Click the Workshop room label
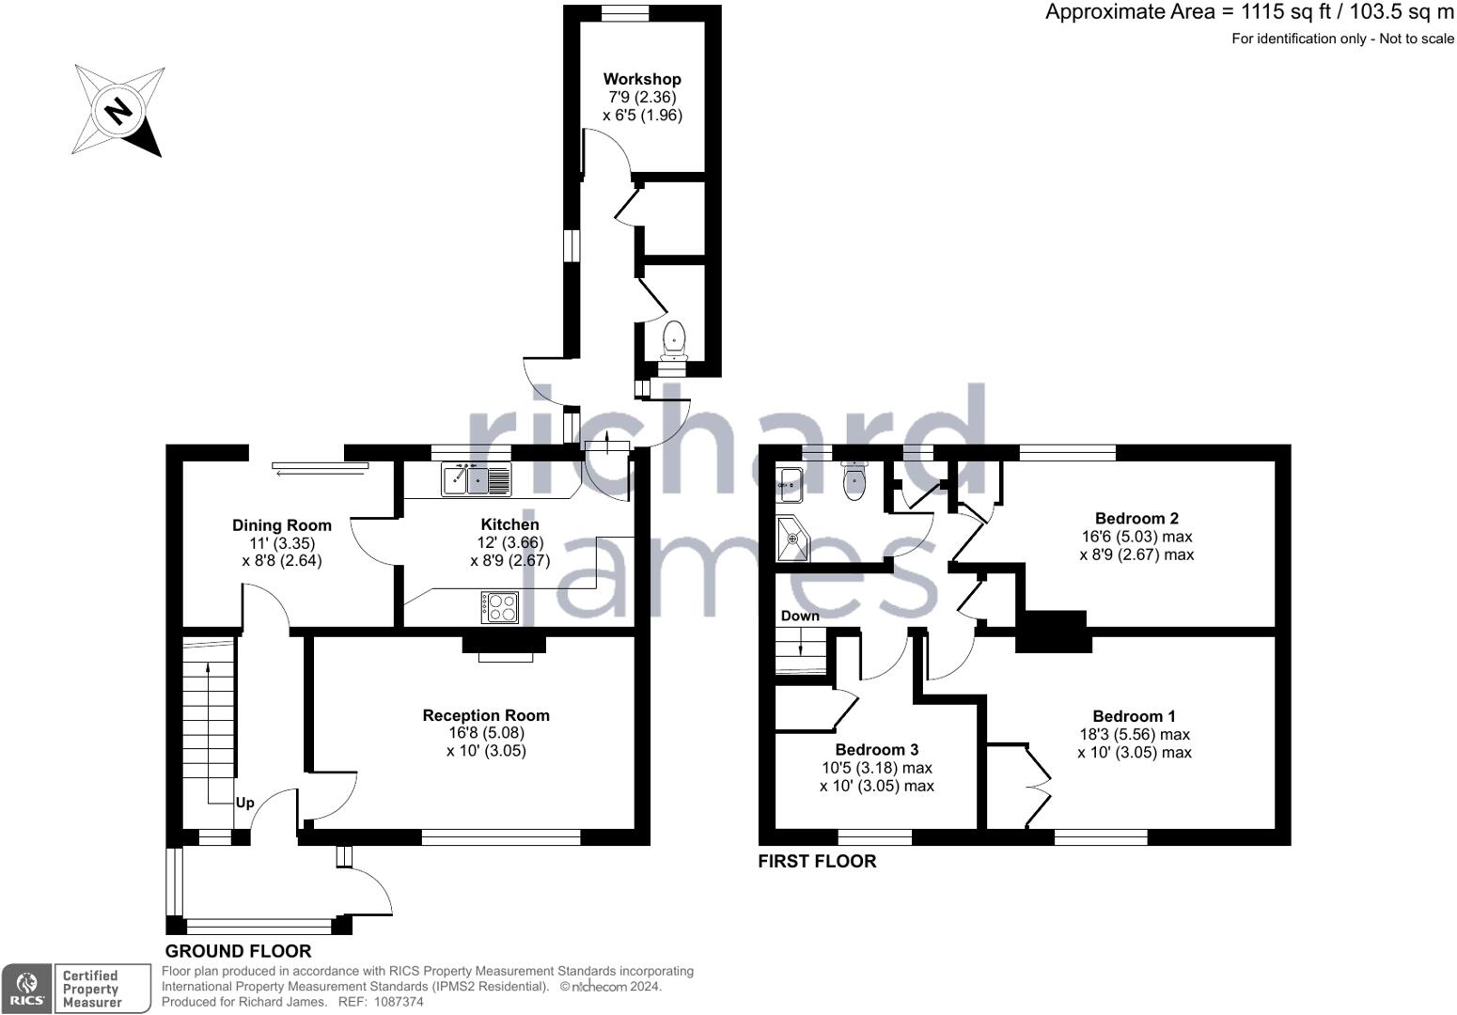pos(642,79)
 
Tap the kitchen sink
pos(477,479)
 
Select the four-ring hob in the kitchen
pos(499,607)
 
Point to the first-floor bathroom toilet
pos(854,481)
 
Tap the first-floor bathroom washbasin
pos(791,485)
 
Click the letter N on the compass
pos(118,111)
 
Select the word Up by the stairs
pos(244,803)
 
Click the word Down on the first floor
pos(800,616)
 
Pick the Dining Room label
pos(282,525)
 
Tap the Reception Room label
pos(486,715)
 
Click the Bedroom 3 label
pos(877,750)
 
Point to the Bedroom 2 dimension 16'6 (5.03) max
pos(1137,537)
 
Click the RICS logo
pos(27,989)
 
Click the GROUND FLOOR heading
pos(238,951)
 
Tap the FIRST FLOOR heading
pos(817,862)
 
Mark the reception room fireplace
pos(504,648)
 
